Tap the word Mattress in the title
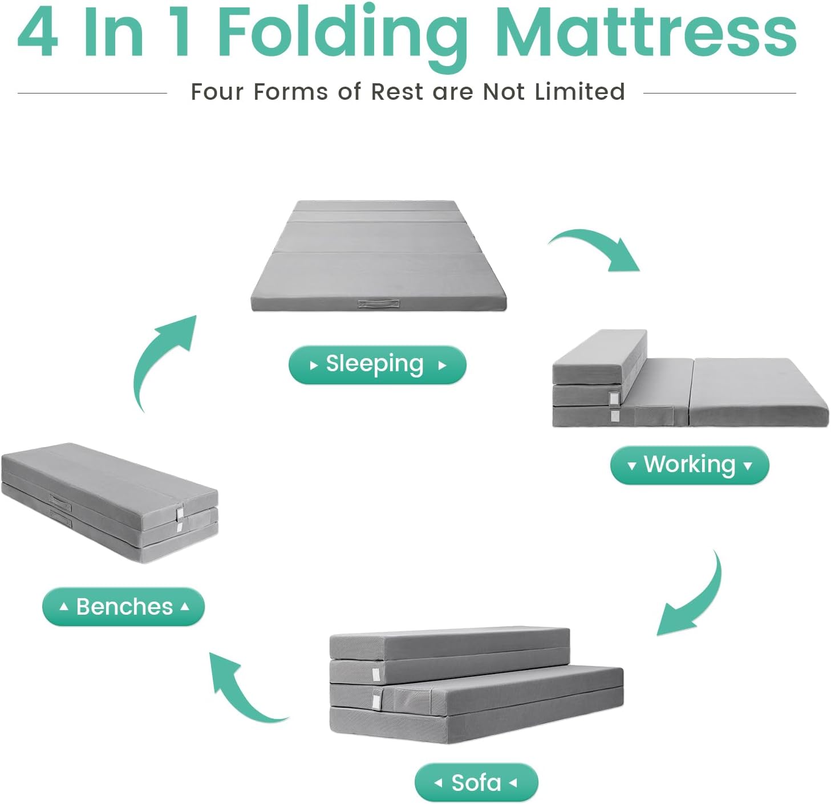coord(646,33)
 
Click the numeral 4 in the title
coord(38,33)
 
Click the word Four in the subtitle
coord(217,92)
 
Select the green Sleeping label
coord(377,365)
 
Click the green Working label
coord(689,465)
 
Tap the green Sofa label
coord(476,783)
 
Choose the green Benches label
coord(123,607)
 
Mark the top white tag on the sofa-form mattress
coord(375,675)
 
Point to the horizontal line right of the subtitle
coord(719,93)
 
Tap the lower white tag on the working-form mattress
coord(614,416)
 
